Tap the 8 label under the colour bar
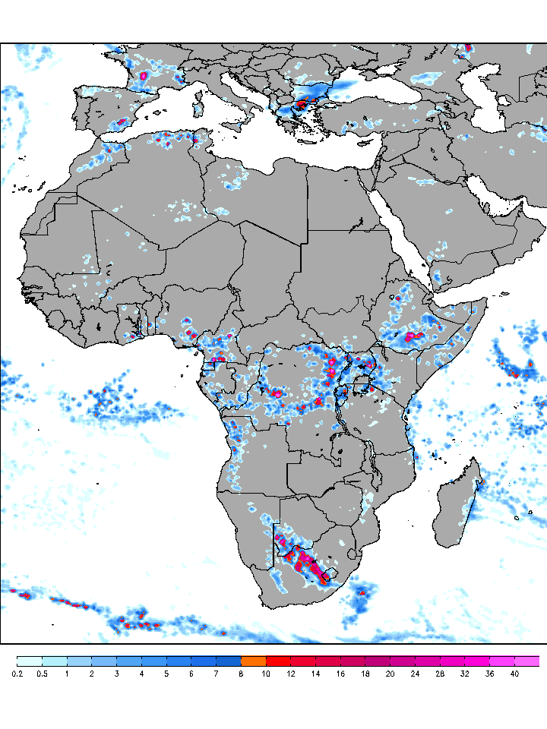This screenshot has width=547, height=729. click(241, 674)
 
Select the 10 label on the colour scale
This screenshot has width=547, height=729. click(265, 674)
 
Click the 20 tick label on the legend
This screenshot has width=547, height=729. click(390, 674)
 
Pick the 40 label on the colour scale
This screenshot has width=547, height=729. click(514, 674)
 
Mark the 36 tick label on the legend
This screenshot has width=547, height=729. click(489, 674)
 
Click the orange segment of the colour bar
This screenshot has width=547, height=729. click(253, 661)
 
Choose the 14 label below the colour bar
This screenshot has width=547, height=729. click(315, 674)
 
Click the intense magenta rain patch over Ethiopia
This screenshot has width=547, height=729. click(414, 335)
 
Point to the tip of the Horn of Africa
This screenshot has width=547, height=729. click(485, 301)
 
